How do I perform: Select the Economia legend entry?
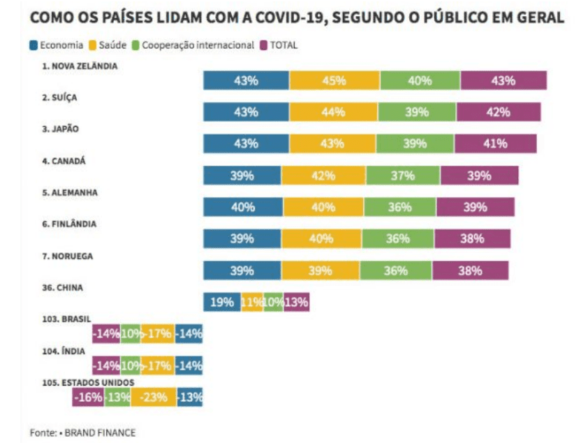tap(57, 45)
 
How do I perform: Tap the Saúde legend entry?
tap(108, 45)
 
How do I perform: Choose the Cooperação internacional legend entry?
tap(193, 45)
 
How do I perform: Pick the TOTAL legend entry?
tap(279, 45)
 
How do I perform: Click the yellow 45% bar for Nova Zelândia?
tap(335, 80)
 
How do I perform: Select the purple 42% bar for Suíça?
tap(499, 112)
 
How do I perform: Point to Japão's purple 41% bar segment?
tap(496, 143)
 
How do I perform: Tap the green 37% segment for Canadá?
tap(403, 175)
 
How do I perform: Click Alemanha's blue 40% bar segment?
tap(243, 207)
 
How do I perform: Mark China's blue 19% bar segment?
tap(222, 302)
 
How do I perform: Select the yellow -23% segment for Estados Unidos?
tap(154, 397)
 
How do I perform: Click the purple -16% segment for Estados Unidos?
tap(88, 397)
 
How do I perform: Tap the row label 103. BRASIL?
tap(66, 319)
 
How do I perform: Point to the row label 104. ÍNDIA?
tap(64, 351)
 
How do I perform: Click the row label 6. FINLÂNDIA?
tap(69, 224)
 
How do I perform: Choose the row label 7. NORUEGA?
tap(68, 256)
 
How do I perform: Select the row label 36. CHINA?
tap(62, 288)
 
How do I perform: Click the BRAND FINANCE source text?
tap(100, 433)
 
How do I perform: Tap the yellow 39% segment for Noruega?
tap(321, 270)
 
